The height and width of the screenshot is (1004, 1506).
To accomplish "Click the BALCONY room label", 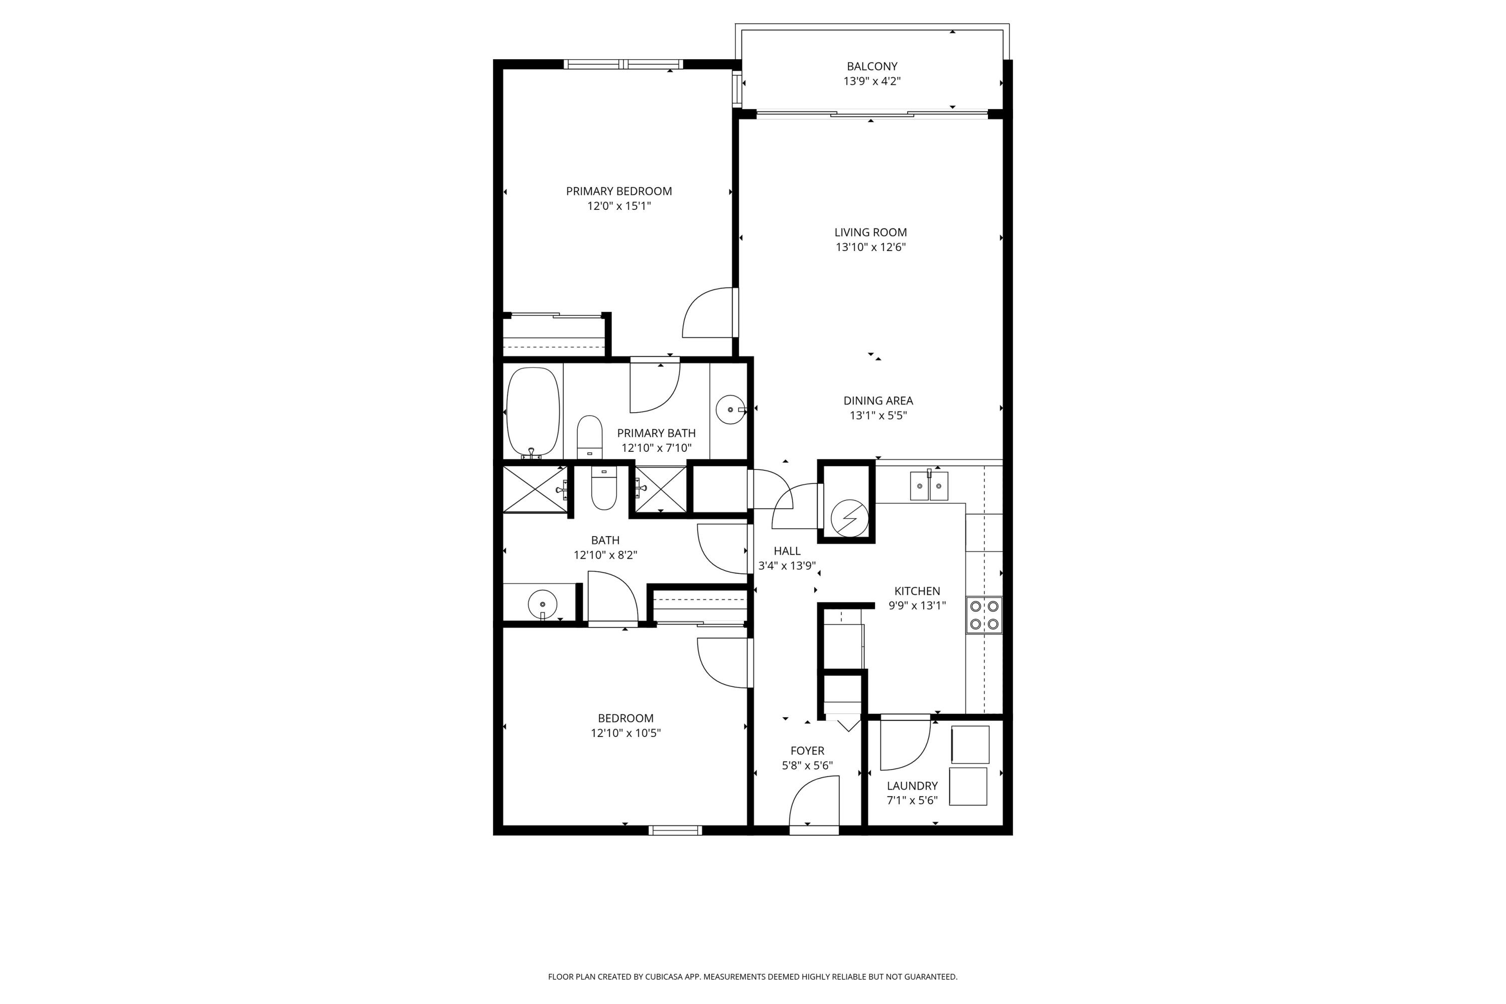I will tap(871, 66).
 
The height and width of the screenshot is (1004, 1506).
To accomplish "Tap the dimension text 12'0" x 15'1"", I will tap(618, 206).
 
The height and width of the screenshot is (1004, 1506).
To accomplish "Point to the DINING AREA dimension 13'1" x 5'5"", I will tap(878, 416).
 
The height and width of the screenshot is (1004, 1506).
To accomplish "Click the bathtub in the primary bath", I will tap(532, 412).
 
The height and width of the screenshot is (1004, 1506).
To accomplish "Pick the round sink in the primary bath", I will tap(730, 409).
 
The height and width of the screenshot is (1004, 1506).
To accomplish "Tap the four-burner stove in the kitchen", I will tap(983, 614).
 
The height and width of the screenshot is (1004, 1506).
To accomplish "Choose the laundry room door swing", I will tap(904, 744).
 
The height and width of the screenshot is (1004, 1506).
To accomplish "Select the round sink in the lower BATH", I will tap(542, 604).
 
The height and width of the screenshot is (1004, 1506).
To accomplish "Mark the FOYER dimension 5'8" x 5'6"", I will tap(807, 765).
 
